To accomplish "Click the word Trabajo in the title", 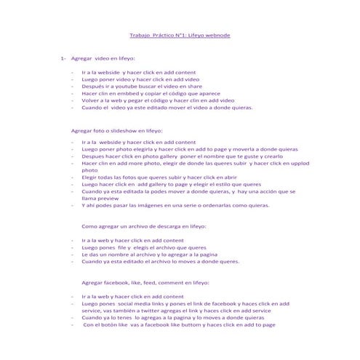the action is pos(140,35).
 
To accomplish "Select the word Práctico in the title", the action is pos(167,35).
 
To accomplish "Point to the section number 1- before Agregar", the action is pos(64,57).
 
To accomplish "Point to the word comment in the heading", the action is pos(172,282).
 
